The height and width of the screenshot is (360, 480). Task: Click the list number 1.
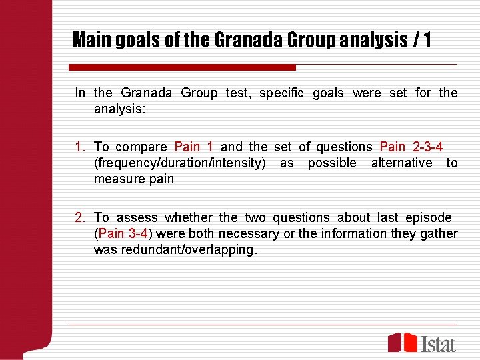(x=80, y=147)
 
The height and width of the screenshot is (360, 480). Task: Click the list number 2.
(x=80, y=217)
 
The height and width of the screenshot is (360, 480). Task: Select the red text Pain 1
(x=193, y=147)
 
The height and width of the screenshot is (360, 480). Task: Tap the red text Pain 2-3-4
(x=411, y=147)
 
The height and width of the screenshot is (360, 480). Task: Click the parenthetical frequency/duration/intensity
(x=180, y=163)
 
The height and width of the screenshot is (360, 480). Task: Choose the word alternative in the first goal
(x=401, y=163)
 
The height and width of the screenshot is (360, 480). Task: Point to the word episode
(x=427, y=217)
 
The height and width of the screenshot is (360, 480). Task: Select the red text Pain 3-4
(x=123, y=233)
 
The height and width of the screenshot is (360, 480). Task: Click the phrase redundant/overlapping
(x=189, y=249)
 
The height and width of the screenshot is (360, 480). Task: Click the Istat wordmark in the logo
(x=439, y=343)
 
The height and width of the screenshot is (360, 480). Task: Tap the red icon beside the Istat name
(x=403, y=342)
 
